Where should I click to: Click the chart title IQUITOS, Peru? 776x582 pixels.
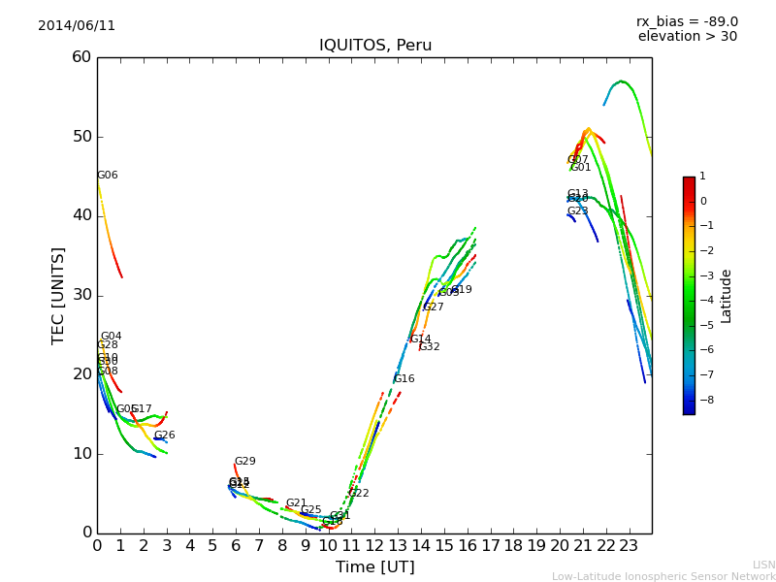coord(375,46)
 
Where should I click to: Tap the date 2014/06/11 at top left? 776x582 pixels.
coord(77,26)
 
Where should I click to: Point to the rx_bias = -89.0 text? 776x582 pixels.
coord(687,22)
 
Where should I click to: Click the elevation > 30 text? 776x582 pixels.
coord(687,37)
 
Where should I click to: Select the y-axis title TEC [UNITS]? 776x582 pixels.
coord(59,295)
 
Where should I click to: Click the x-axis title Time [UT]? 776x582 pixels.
coord(374,567)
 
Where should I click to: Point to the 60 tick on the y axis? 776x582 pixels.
coord(81,57)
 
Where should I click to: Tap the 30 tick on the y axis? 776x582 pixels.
coord(81,295)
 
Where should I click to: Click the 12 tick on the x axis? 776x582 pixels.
coord(374,546)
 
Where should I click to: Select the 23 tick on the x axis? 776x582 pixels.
coord(629,546)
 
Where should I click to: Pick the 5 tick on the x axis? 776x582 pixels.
coord(212,546)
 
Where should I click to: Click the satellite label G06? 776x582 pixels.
coord(108,176)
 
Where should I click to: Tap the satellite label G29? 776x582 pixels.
coord(244,462)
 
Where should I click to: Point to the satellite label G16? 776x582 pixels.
coord(404,379)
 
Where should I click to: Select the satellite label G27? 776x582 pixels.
coord(433,307)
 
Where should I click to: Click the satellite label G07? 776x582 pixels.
coord(577,160)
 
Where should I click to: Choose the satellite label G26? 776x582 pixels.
coord(165,436)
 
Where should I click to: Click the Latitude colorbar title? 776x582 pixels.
coord(727,296)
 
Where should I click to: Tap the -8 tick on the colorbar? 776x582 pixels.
coord(703,399)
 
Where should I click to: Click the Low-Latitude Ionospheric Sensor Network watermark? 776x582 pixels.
coord(663,577)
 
